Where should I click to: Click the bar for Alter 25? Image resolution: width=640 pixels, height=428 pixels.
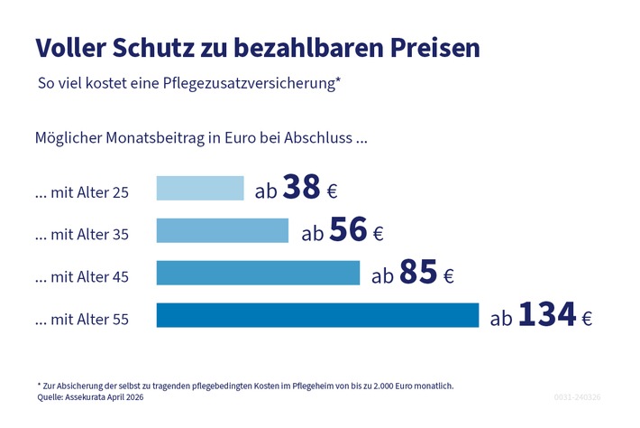click(200, 188)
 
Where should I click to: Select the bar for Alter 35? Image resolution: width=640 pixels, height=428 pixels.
click(223, 230)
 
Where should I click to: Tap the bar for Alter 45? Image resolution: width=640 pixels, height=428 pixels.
click(258, 273)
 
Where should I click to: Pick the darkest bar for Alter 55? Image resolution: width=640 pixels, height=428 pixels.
click(317, 315)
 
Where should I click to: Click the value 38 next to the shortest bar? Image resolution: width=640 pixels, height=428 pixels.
click(302, 186)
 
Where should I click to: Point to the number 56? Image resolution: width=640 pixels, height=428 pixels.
click(348, 229)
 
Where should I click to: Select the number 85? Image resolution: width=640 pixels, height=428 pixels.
click(417, 272)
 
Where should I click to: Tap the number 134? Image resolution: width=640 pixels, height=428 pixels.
click(547, 314)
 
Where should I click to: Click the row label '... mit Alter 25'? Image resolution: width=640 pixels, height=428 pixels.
click(81, 192)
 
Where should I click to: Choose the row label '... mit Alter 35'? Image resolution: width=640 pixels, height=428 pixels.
click(81, 235)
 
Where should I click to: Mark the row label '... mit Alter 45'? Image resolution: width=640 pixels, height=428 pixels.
click(81, 277)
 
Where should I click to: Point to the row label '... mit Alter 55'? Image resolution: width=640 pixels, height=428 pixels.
click(81, 320)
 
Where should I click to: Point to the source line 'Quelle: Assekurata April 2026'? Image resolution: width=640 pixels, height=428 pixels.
click(89, 396)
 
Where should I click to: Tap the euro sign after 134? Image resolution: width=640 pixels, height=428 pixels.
click(586, 318)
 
